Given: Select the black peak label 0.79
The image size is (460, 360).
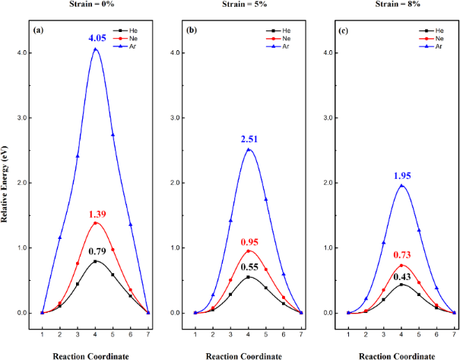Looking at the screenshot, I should point(97,250).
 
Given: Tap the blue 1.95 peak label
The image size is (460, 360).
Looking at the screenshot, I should point(401,175).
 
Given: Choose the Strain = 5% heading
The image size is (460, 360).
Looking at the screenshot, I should point(250,7).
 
